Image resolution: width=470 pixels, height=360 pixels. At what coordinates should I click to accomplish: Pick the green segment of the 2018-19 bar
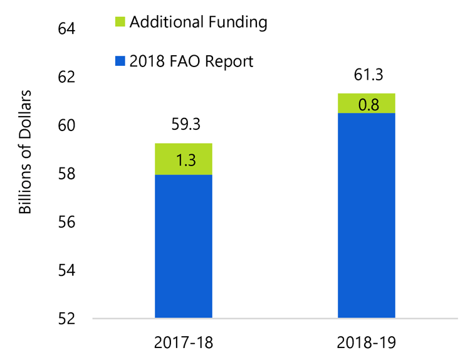[366, 103]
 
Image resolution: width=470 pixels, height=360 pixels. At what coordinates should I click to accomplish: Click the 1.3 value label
[183, 160]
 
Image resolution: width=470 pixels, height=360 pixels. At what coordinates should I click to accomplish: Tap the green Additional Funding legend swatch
[119, 23]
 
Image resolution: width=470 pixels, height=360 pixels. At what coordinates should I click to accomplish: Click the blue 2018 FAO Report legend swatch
[119, 61]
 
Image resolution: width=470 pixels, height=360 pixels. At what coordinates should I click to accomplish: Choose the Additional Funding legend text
[198, 23]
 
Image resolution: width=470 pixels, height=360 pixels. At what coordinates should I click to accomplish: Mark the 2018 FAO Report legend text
[191, 61]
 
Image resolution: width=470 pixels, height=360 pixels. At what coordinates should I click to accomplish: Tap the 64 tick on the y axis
[66, 29]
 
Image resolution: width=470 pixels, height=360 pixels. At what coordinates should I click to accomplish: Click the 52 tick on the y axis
[66, 319]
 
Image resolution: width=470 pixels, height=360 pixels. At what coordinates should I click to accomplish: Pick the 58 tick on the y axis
[66, 174]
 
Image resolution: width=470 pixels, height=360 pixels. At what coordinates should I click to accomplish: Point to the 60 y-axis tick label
[66, 125]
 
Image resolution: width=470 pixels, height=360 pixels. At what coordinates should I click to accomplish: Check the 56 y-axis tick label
[66, 222]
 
